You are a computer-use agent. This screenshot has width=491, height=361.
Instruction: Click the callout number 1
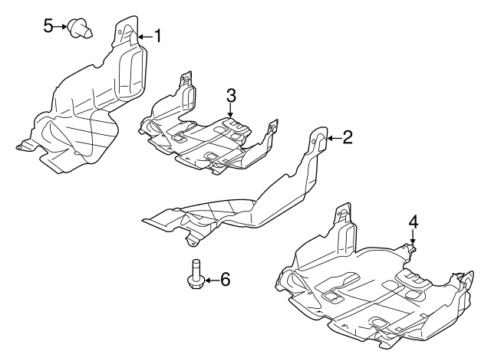pyautogui.click(x=158, y=35)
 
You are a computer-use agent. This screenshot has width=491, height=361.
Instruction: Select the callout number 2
pyautogui.click(x=347, y=137)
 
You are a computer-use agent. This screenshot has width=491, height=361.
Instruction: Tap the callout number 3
pyautogui.click(x=230, y=95)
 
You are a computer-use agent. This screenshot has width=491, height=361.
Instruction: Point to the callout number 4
pyautogui.click(x=413, y=222)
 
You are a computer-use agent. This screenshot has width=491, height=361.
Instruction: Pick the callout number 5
pyautogui.click(x=48, y=27)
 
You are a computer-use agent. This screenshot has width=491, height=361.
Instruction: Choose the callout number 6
pyautogui.click(x=225, y=280)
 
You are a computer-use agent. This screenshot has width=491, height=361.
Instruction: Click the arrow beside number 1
pyautogui.click(x=144, y=35)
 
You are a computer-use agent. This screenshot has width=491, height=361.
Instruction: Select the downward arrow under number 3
pyautogui.click(x=230, y=112)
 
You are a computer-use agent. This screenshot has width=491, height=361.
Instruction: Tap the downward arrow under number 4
pyautogui.click(x=413, y=238)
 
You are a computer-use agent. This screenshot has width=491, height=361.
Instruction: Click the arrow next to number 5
pyautogui.click(x=61, y=27)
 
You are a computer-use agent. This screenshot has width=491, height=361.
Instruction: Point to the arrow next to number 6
pyautogui.click(x=209, y=281)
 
